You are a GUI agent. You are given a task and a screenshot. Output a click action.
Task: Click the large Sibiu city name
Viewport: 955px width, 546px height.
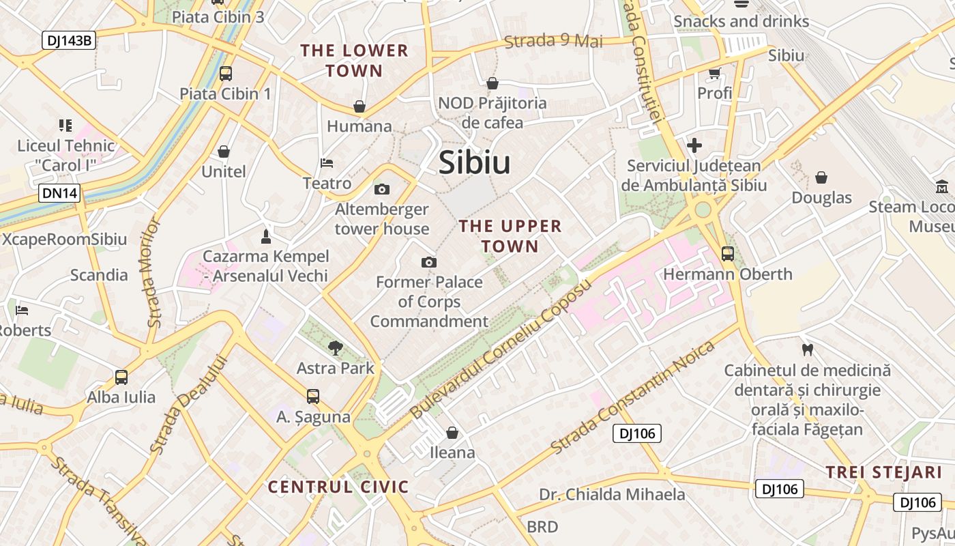pyautogui.click(x=474, y=162)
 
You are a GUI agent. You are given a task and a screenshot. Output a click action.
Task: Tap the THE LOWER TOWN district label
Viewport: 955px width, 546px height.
pyautogui.click(x=354, y=61)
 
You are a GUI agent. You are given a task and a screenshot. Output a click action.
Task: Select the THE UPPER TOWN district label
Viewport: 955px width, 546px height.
pyautogui.click(x=510, y=235)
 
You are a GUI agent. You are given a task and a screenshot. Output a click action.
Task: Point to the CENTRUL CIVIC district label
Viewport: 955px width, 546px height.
pyautogui.click(x=338, y=487)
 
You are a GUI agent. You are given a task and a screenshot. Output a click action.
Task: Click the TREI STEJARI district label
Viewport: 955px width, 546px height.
pyautogui.click(x=883, y=472)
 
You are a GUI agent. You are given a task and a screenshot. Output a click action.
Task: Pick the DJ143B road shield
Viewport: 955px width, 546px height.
pyautogui.click(x=69, y=40)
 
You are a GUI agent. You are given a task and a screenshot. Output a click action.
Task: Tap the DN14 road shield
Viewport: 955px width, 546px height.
pyautogui.click(x=60, y=193)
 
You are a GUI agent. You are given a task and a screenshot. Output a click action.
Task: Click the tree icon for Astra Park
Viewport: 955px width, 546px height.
pyautogui.click(x=335, y=348)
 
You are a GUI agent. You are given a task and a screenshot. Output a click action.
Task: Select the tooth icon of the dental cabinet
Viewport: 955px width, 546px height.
pyautogui.click(x=808, y=350)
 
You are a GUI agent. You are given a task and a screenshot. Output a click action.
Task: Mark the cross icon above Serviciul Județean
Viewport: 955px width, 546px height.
pyautogui.click(x=694, y=145)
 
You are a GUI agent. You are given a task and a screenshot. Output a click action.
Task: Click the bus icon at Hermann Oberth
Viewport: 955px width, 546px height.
pyautogui.click(x=728, y=254)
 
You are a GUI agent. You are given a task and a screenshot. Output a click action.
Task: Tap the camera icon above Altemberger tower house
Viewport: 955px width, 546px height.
pyautogui.click(x=382, y=189)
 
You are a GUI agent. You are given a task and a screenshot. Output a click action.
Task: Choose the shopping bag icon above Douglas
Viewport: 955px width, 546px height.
pyautogui.click(x=821, y=177)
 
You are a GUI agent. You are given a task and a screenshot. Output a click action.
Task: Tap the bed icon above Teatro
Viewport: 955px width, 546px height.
pyautogui.click(x=327, y=163)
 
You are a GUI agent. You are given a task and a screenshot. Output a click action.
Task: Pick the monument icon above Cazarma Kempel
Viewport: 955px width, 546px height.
pyautogui.click(x=266, y=236)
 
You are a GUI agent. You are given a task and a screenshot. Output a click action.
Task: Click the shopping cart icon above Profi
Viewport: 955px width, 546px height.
pyautogui.click(x=714, y=73)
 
